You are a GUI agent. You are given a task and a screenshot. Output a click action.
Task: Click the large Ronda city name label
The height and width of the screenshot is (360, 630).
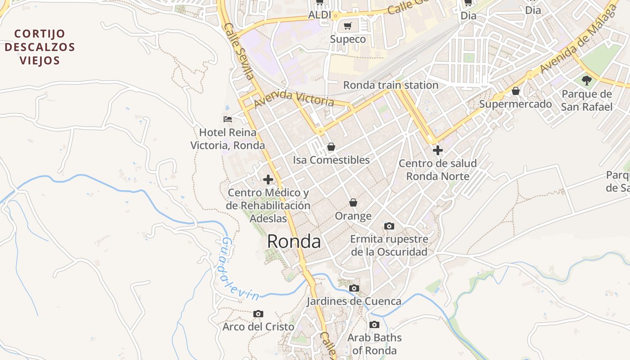[x=294, y=242]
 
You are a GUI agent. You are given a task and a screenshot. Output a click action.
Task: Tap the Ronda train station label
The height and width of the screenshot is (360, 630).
[x=391, y=85]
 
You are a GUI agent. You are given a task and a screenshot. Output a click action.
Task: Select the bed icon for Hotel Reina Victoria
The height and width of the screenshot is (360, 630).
[x=228, y=119]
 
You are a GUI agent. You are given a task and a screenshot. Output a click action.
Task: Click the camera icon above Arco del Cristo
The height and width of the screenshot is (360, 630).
[x=258, y=314]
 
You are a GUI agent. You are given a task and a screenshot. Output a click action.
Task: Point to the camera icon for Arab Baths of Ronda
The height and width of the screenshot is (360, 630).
[x=374, y=324]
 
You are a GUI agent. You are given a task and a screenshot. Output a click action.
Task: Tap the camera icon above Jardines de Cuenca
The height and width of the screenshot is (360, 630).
[x=354, y=288]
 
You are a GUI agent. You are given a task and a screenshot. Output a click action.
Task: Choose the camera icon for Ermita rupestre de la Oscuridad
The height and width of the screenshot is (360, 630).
[x=389, y=226]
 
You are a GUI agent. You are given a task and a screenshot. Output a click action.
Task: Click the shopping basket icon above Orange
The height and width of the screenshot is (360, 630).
[x=353, y=203]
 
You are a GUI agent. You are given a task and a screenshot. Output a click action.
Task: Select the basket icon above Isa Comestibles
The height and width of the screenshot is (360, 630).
[x=331, y=147]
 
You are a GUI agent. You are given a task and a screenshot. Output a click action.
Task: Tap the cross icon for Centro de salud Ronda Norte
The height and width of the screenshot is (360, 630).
[x=437, y=150]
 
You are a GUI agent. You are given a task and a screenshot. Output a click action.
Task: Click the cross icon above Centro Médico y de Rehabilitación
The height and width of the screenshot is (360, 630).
[x=268, y=180]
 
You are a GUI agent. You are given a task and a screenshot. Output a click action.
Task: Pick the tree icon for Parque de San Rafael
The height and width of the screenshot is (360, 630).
[x=586, y=81]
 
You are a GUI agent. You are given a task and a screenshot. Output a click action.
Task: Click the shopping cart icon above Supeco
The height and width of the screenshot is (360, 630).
[x=347, y=26]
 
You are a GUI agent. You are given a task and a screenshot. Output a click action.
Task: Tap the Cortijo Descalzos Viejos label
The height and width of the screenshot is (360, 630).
[x=40, y=47]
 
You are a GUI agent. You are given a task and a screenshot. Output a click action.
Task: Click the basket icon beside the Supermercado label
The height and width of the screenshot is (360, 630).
[x=516, y=91]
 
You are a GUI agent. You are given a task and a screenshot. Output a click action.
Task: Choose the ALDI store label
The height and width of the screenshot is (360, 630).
[x=319, y=15]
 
